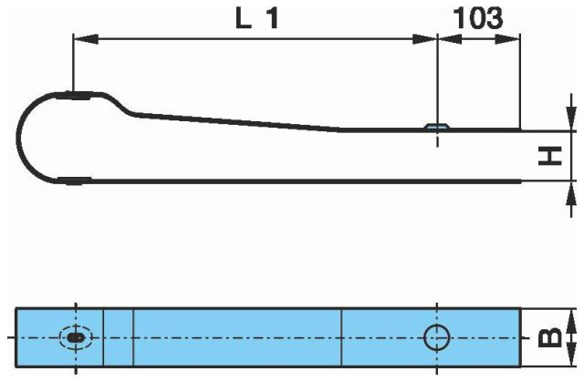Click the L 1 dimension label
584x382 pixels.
coord(257,18)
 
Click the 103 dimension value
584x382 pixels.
coord(478,18)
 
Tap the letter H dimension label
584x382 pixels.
coord(550,156)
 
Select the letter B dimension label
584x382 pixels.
coord(550,337)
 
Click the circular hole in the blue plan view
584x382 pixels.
coord(436,337)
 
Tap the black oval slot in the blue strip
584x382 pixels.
coord(76,337)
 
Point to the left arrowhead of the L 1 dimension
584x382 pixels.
coord(86,38)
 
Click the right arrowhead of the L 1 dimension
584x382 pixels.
coord(425,38)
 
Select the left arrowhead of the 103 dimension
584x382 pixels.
coord(450,38)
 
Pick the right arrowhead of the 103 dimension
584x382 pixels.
coord(507,38)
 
